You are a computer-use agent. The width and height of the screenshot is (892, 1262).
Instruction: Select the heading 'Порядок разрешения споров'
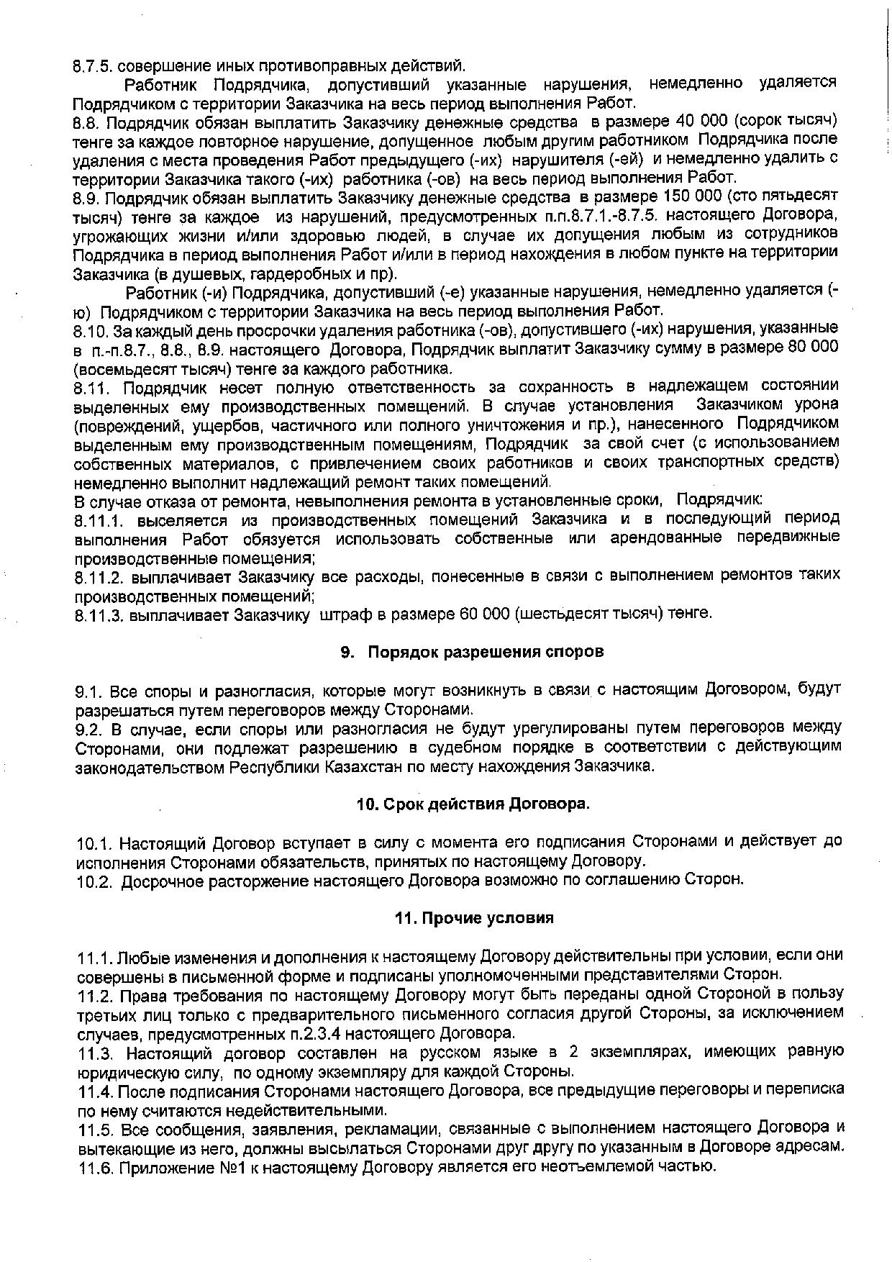tap(486, 652)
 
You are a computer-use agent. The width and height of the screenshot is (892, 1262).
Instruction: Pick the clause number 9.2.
tap(91, 728)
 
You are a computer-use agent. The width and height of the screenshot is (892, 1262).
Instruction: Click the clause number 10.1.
tap(94, 842)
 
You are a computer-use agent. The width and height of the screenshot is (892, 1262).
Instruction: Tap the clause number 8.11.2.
tap(99, 576)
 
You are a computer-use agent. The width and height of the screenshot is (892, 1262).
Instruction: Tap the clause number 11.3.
tap(95, 1053)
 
